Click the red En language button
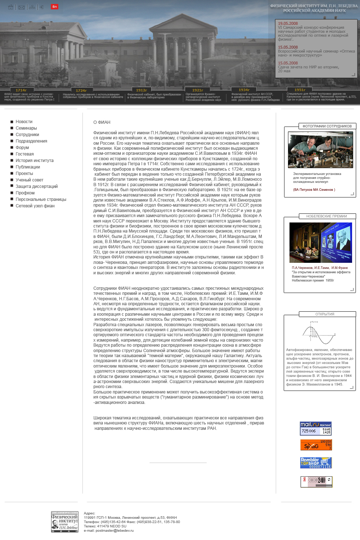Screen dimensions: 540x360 54,6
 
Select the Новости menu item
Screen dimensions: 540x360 24,122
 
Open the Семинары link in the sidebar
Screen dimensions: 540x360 26,128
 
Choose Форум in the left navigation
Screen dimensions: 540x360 22,148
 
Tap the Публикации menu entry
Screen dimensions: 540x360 28,167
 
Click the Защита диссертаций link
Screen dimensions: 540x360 36,186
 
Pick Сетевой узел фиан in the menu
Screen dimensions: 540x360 35,206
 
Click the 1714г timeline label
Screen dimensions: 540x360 21,90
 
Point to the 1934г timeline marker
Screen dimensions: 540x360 244,90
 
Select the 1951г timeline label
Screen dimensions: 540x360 300,90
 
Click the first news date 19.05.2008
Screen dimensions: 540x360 288,23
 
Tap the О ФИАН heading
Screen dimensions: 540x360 102,122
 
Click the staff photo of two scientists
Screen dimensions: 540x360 320,150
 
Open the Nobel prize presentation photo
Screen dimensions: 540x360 320,242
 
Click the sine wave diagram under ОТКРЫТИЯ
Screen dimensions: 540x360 319,335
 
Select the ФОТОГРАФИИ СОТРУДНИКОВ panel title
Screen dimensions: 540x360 327,126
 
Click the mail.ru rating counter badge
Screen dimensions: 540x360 316,428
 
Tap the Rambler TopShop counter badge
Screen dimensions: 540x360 316,463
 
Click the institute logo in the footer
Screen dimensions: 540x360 65,522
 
